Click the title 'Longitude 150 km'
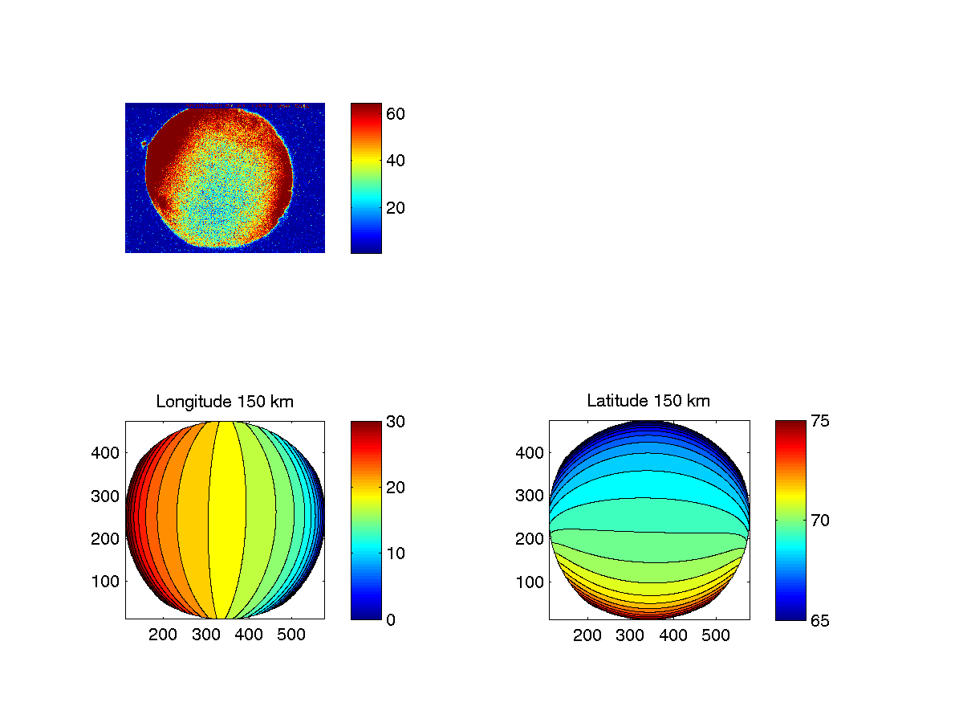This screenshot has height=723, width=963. (x=225, y=401)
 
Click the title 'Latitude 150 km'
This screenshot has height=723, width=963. (x=648, y=401)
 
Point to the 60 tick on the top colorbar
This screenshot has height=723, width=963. (x=396, y=114)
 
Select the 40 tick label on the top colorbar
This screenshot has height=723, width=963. (x=396, y=161)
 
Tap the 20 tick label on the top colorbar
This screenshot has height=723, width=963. (x=396, y=208)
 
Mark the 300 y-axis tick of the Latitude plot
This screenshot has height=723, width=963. (x=530, y=496)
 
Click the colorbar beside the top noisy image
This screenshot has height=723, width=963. (x=366, y=178)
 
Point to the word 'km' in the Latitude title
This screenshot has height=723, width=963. (x=699, y=401)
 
